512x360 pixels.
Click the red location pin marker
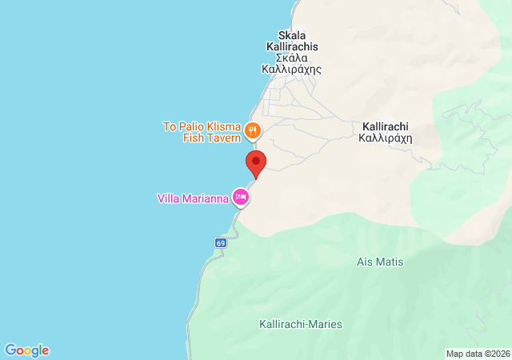[255, 163]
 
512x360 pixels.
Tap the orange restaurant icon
[253, 130]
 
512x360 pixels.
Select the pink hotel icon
[240, 196]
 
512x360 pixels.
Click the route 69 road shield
[222, 242]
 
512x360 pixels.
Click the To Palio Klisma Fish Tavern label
[202, 132]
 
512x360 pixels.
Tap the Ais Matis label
[380, 262]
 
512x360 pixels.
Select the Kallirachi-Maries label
[301, 324]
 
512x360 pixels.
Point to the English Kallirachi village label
[385, 126]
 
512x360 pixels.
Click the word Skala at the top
[291, 35]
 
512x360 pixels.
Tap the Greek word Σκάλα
[291, 58]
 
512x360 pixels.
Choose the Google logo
[27, 350]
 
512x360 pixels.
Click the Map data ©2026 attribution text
[477, 354]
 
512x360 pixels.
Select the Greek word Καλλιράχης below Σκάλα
[291, 69]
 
